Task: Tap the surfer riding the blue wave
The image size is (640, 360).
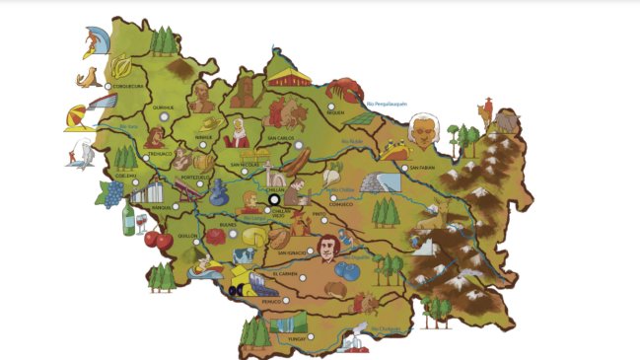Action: pyautogui.click(x=97, y=40)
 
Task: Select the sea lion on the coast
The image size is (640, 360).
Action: pyautogui.click(x=90, y=78)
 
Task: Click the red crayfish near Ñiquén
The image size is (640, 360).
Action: pyautogui.click(x=345, y=90)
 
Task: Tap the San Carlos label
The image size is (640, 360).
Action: pyautogui.click(x=281, y=139)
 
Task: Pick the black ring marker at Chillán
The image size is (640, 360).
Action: pyautogui.click(x=273, y=200)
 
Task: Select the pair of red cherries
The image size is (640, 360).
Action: pyautogui.click(x=157, y=239)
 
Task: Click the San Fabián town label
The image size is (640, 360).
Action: pyautogui.click(x=422, y=168)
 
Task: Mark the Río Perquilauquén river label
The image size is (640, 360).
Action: pyautogui.click(x=388, y=103)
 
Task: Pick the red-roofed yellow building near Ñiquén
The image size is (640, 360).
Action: pyautogui.click(x=286, y=79)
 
